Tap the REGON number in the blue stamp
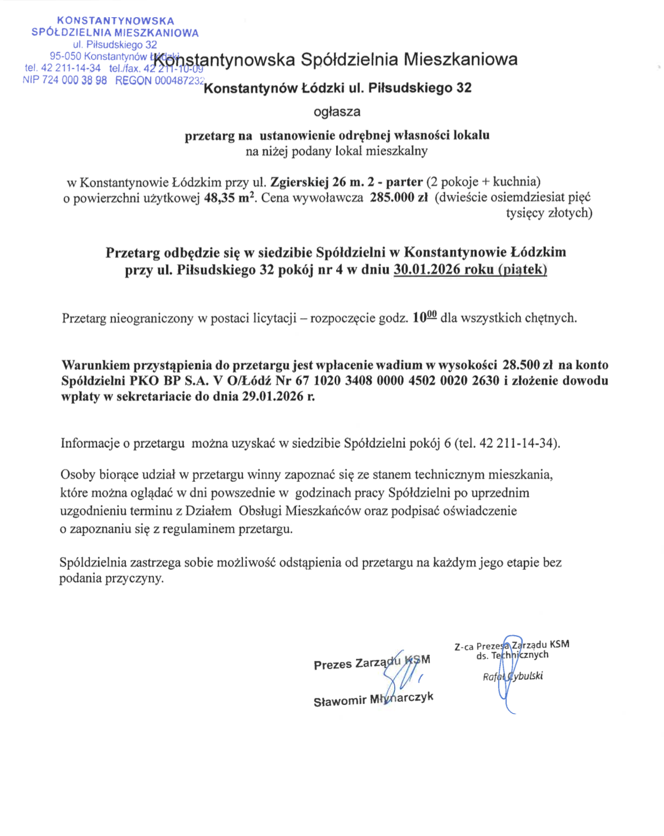point(179,80)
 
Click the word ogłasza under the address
point(337,112)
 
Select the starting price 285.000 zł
point(399,197)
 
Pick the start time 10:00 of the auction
point(424,317)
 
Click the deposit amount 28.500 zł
point(527,365)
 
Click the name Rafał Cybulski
point(513,676)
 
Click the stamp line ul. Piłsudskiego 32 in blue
point(115,45)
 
